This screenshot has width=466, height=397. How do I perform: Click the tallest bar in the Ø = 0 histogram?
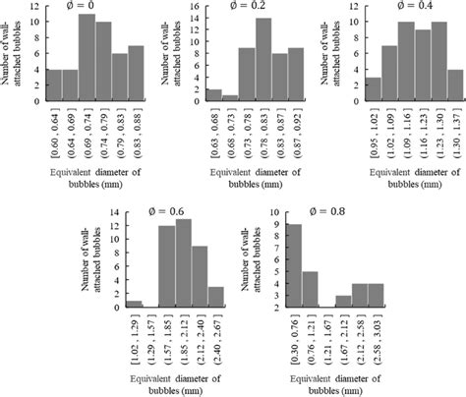coord(86,58)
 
